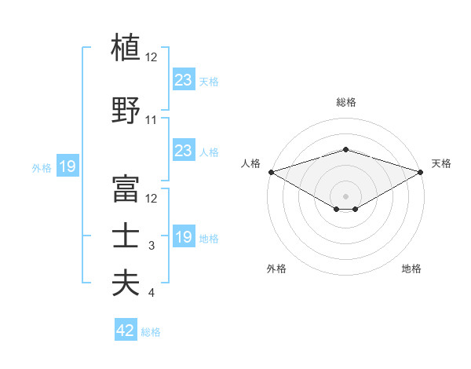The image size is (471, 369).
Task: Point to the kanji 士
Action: tap(126, 236)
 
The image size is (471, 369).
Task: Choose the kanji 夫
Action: tap(126, 283)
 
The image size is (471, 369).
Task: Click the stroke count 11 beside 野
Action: tap(152, 120)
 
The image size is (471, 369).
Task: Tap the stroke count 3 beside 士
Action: tap(152, 247)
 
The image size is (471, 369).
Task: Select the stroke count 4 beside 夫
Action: tap(152, 294)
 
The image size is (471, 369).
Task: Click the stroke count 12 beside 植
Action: tap(152, 57)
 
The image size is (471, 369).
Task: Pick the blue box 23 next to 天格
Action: tap(183, 80)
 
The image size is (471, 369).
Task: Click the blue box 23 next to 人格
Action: tap(183, 151)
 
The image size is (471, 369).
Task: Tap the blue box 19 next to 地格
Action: tap(183, 237)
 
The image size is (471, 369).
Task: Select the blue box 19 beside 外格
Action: tap(68, 166)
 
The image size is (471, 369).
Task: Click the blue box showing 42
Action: tap(126, 331)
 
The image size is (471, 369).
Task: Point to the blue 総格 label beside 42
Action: tap(152, 332)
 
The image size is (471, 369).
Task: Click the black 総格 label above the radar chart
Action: tap(345, 102)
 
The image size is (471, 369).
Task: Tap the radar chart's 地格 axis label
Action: tap(411, 269)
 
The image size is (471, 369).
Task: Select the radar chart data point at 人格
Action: tap(271, 171)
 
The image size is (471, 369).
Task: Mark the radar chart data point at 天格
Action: tap(420, 171)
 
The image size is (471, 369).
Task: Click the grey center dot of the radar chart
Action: tap(345, 195)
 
